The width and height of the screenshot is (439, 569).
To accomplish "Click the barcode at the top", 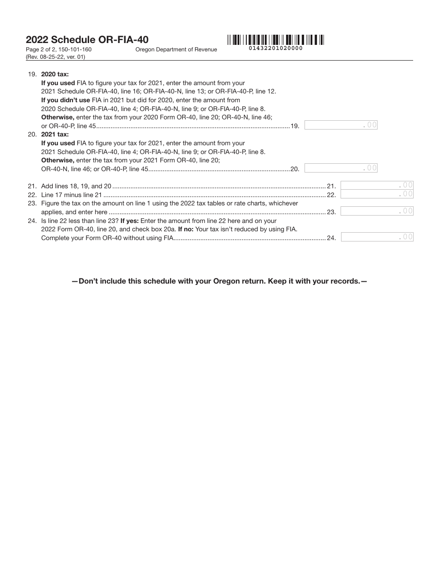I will [x=275, y=40].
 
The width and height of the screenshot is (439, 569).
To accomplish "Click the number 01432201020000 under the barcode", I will [x=275, y=48].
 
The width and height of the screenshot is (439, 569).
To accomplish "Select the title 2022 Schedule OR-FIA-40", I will [x=87, y=40].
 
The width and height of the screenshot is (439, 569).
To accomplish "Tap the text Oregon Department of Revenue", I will [x=176, y=49].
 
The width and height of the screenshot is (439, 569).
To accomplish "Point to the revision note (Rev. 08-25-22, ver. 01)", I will [x=55, y=57].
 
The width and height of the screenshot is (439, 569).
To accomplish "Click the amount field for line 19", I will [x=341, y=125].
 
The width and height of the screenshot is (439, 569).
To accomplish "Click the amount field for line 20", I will [x=341, y=168].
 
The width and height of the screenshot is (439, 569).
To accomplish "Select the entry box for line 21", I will [x=377, y=186].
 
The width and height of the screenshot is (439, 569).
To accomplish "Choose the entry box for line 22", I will [x=377, y=194].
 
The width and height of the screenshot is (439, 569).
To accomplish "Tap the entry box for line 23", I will [x=377, y=211].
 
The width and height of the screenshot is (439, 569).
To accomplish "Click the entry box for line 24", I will [x=377, y=237].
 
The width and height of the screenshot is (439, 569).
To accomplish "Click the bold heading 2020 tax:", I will [x=55, y=74].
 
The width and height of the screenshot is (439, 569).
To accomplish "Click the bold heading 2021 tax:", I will [x=55, y=135].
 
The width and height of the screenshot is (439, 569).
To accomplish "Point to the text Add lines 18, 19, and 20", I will [x=76, y=186].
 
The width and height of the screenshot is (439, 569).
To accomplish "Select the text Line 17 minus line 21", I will [x=71, y=195].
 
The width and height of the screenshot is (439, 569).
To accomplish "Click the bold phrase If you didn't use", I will [x=66, y=100].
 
